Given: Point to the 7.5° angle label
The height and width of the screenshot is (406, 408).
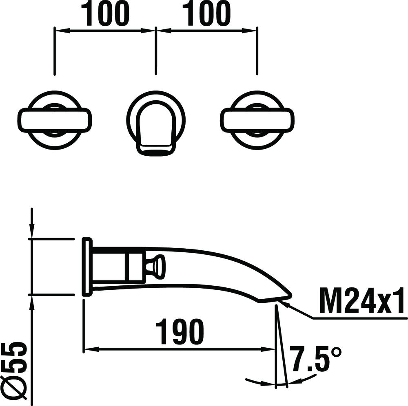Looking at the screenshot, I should point(315,359).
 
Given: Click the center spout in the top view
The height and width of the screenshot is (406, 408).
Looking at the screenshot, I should point(155,126).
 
